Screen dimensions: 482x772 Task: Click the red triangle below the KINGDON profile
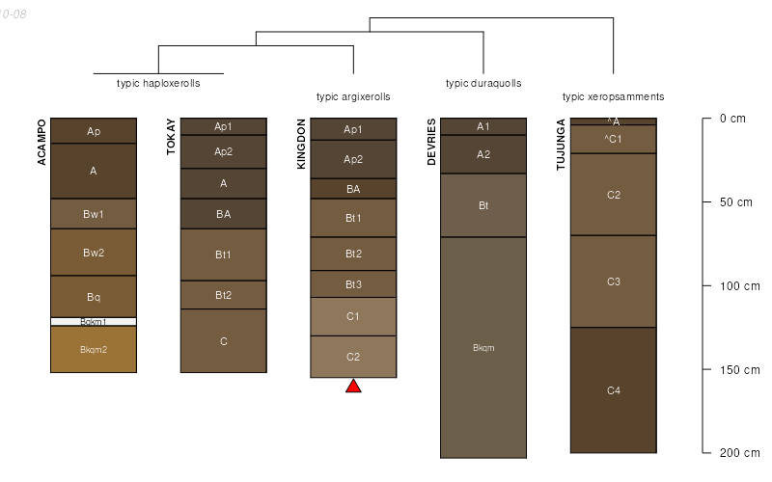pyautogui.click(x=353, y=387)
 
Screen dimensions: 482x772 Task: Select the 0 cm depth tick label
pyautogui.click(x=733, y=120)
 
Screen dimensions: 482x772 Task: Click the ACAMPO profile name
pyautogui.click(x=42, y=143)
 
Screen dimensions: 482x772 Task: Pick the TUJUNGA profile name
pyautogui.click(x=561, y=146)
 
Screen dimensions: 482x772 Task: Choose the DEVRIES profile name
pyautogui.click(x=431, y=142)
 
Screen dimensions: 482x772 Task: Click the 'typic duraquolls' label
pyautogui.click(x=483, y=83)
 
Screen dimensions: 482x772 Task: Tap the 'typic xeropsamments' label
pyautogui.click(x=613, y=96)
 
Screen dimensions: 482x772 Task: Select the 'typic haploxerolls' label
pyautogui.click(x=158, y=83)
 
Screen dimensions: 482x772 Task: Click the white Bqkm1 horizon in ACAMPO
pyautogui.click(x=94, y=322)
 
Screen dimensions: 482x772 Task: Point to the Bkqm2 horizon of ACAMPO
pyautogui.click(x=94, y=350)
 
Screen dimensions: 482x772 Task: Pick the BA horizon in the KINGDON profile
pyautogui.click(x=353, y=189)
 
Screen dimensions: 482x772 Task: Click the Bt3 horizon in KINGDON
pyautogui.click(x=353, y=284)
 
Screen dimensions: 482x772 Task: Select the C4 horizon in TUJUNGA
pyautogui.click(x=614, y=390)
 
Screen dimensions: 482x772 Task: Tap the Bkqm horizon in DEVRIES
pyautogui.click(x=483, y=348)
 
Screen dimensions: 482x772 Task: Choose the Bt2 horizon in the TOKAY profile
pyautogui.click(x=223, y=295)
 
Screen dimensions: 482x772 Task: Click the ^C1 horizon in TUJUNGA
pyautogui.click(x=614, y=139)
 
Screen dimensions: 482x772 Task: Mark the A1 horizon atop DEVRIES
pyautogui.click(x=483, y=126)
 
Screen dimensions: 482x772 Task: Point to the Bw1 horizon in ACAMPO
pyautogui.click(x=94, y=214)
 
